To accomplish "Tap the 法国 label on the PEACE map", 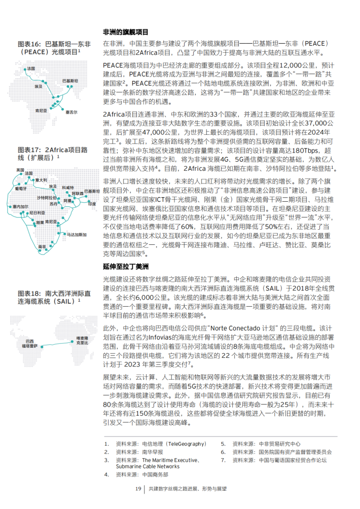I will pos(31,68).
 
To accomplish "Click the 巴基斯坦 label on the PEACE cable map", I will pos(70,81).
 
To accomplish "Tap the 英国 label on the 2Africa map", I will pos(20,169).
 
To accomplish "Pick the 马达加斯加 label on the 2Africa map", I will pos(77,235).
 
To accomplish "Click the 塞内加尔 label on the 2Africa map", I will pos(21,207).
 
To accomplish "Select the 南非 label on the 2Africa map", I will pos(42,246).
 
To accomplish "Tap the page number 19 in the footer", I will pos(137,489).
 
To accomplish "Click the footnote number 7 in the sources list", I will pos(223,460).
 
